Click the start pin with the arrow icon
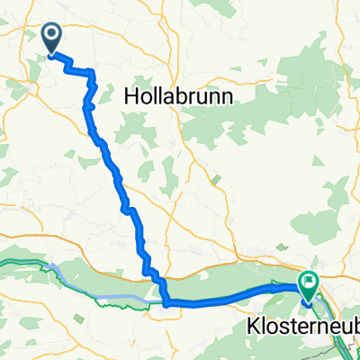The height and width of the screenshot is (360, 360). (51, 38)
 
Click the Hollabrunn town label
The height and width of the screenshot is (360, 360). (176, 94)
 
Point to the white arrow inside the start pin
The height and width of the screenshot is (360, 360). (51, 36)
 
